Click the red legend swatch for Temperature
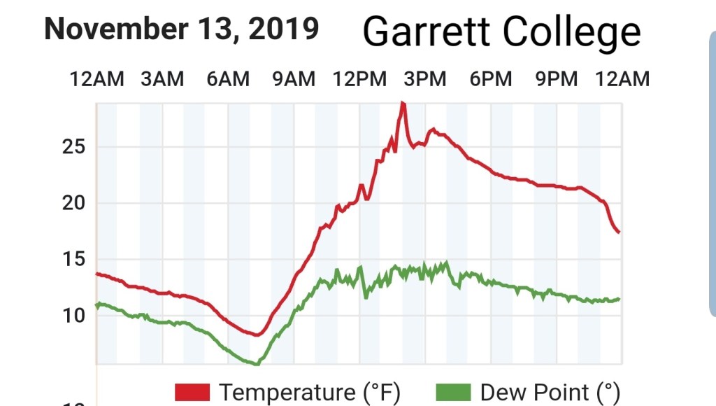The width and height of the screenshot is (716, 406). (192, 393)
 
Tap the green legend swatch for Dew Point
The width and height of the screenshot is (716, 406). (453, 393)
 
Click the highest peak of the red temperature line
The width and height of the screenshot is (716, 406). (402, 104)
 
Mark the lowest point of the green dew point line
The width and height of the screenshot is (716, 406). (257, 364)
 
